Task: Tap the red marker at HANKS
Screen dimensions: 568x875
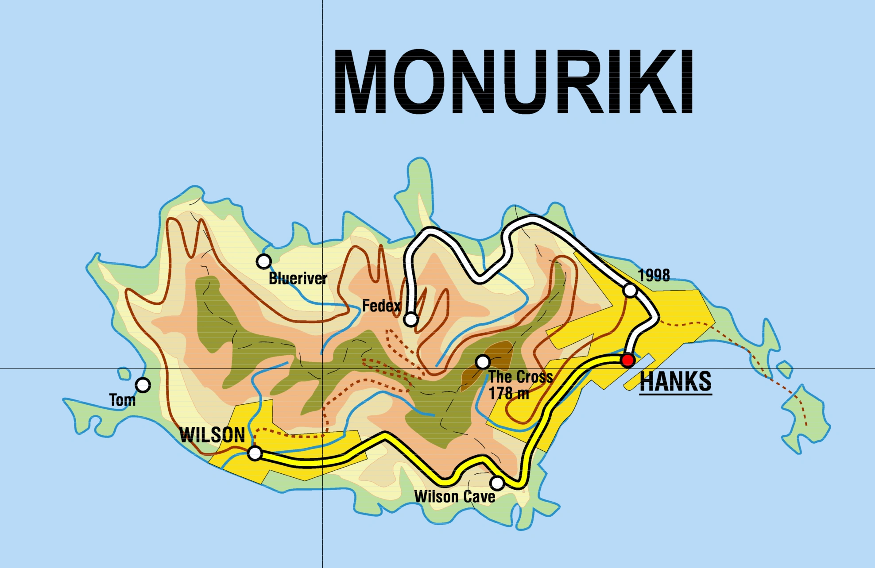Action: [627, 360]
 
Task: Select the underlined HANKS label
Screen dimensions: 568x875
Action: [676, 382]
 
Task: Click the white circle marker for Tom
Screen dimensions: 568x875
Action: [143, 385]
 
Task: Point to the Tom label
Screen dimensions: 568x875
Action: [122, 400]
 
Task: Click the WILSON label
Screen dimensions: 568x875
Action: [212, 435]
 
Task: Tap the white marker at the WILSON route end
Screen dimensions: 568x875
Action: [255, 453]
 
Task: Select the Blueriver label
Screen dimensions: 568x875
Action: [298, 279]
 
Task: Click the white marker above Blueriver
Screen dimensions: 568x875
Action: [264, 261]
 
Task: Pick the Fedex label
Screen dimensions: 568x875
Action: [381, 306]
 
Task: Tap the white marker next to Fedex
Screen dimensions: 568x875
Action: [411, 319]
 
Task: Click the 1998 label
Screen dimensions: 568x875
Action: [654, 276]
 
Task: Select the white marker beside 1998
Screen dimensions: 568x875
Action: [630, 291]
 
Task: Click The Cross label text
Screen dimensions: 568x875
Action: [521, 377]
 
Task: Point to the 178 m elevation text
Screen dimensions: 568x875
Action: [509, 393]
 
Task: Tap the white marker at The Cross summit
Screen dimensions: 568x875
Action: [483, 362]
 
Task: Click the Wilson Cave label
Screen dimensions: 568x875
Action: [455, 497]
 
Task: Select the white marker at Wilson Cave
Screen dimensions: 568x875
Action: [497, 483]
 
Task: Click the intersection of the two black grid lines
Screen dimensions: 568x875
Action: [322, 368]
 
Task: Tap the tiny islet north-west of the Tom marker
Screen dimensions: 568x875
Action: [124, 374]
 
